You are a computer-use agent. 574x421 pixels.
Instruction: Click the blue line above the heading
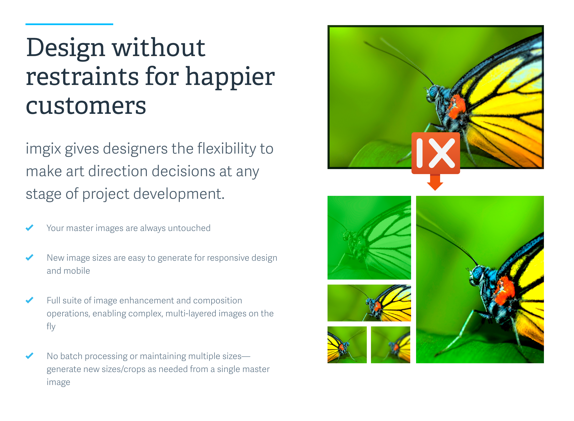pyautogui.click(x=69, y=24)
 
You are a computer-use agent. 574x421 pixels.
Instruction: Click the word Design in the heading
pyautogui.click(x=66, y=48)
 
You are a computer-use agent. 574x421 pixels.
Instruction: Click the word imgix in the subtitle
pyautogui.click(x=43, y=149)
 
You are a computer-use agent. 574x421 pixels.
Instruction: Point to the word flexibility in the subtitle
pyautogui.click(x=226, y=149)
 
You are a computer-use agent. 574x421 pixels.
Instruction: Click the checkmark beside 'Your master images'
pyautogui.click(x=29, y=228)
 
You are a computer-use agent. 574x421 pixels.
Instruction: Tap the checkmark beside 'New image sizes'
pyautogui.click(x=29, y=257)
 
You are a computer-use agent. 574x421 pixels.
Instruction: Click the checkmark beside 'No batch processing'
pyautogui.click(x=29, y=356)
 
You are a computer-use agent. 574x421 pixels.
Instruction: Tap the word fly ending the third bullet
pyautogui.click(x=51, y=326)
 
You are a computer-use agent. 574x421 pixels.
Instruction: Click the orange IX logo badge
pyautogui.click(x=436, y=153)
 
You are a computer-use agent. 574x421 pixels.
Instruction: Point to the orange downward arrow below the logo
pyautogui.click(x=435, y=182)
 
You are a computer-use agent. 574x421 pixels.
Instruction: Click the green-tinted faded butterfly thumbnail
pyautogui.click(x=369, y=238)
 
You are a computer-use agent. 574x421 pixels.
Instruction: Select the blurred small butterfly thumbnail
pyautogui.click(x=391, y=345)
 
